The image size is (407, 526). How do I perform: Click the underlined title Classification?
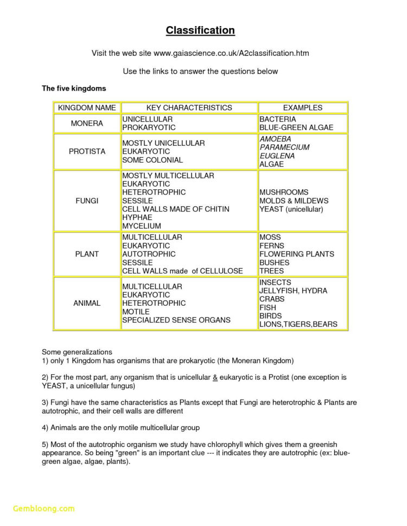(200, 30)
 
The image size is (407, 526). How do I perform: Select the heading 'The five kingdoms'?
(74, 88)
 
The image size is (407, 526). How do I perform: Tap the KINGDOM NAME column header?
(87, 108)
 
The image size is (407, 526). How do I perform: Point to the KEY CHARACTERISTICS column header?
(189, 108)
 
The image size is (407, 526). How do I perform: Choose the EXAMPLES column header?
(302, 108)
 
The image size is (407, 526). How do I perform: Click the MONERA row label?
(87, 124)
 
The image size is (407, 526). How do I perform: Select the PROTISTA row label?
(87, 151)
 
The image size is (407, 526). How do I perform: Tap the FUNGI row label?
(87, 201)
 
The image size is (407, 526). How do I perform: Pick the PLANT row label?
(87, 254)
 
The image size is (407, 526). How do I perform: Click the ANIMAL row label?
(87, 303)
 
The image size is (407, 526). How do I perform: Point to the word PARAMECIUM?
(284, 147)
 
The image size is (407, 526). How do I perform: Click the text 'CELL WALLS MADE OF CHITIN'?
(176, 209)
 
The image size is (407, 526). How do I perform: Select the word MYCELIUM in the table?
(142, 226)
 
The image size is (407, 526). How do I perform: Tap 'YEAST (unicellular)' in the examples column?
(291, 209)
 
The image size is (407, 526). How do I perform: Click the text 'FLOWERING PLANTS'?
(296, 254)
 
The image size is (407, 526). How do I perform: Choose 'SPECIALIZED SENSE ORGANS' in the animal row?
(176, 320)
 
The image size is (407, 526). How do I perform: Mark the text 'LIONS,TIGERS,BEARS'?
(298, 324)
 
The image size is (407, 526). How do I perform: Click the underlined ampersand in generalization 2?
(215, 377)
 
